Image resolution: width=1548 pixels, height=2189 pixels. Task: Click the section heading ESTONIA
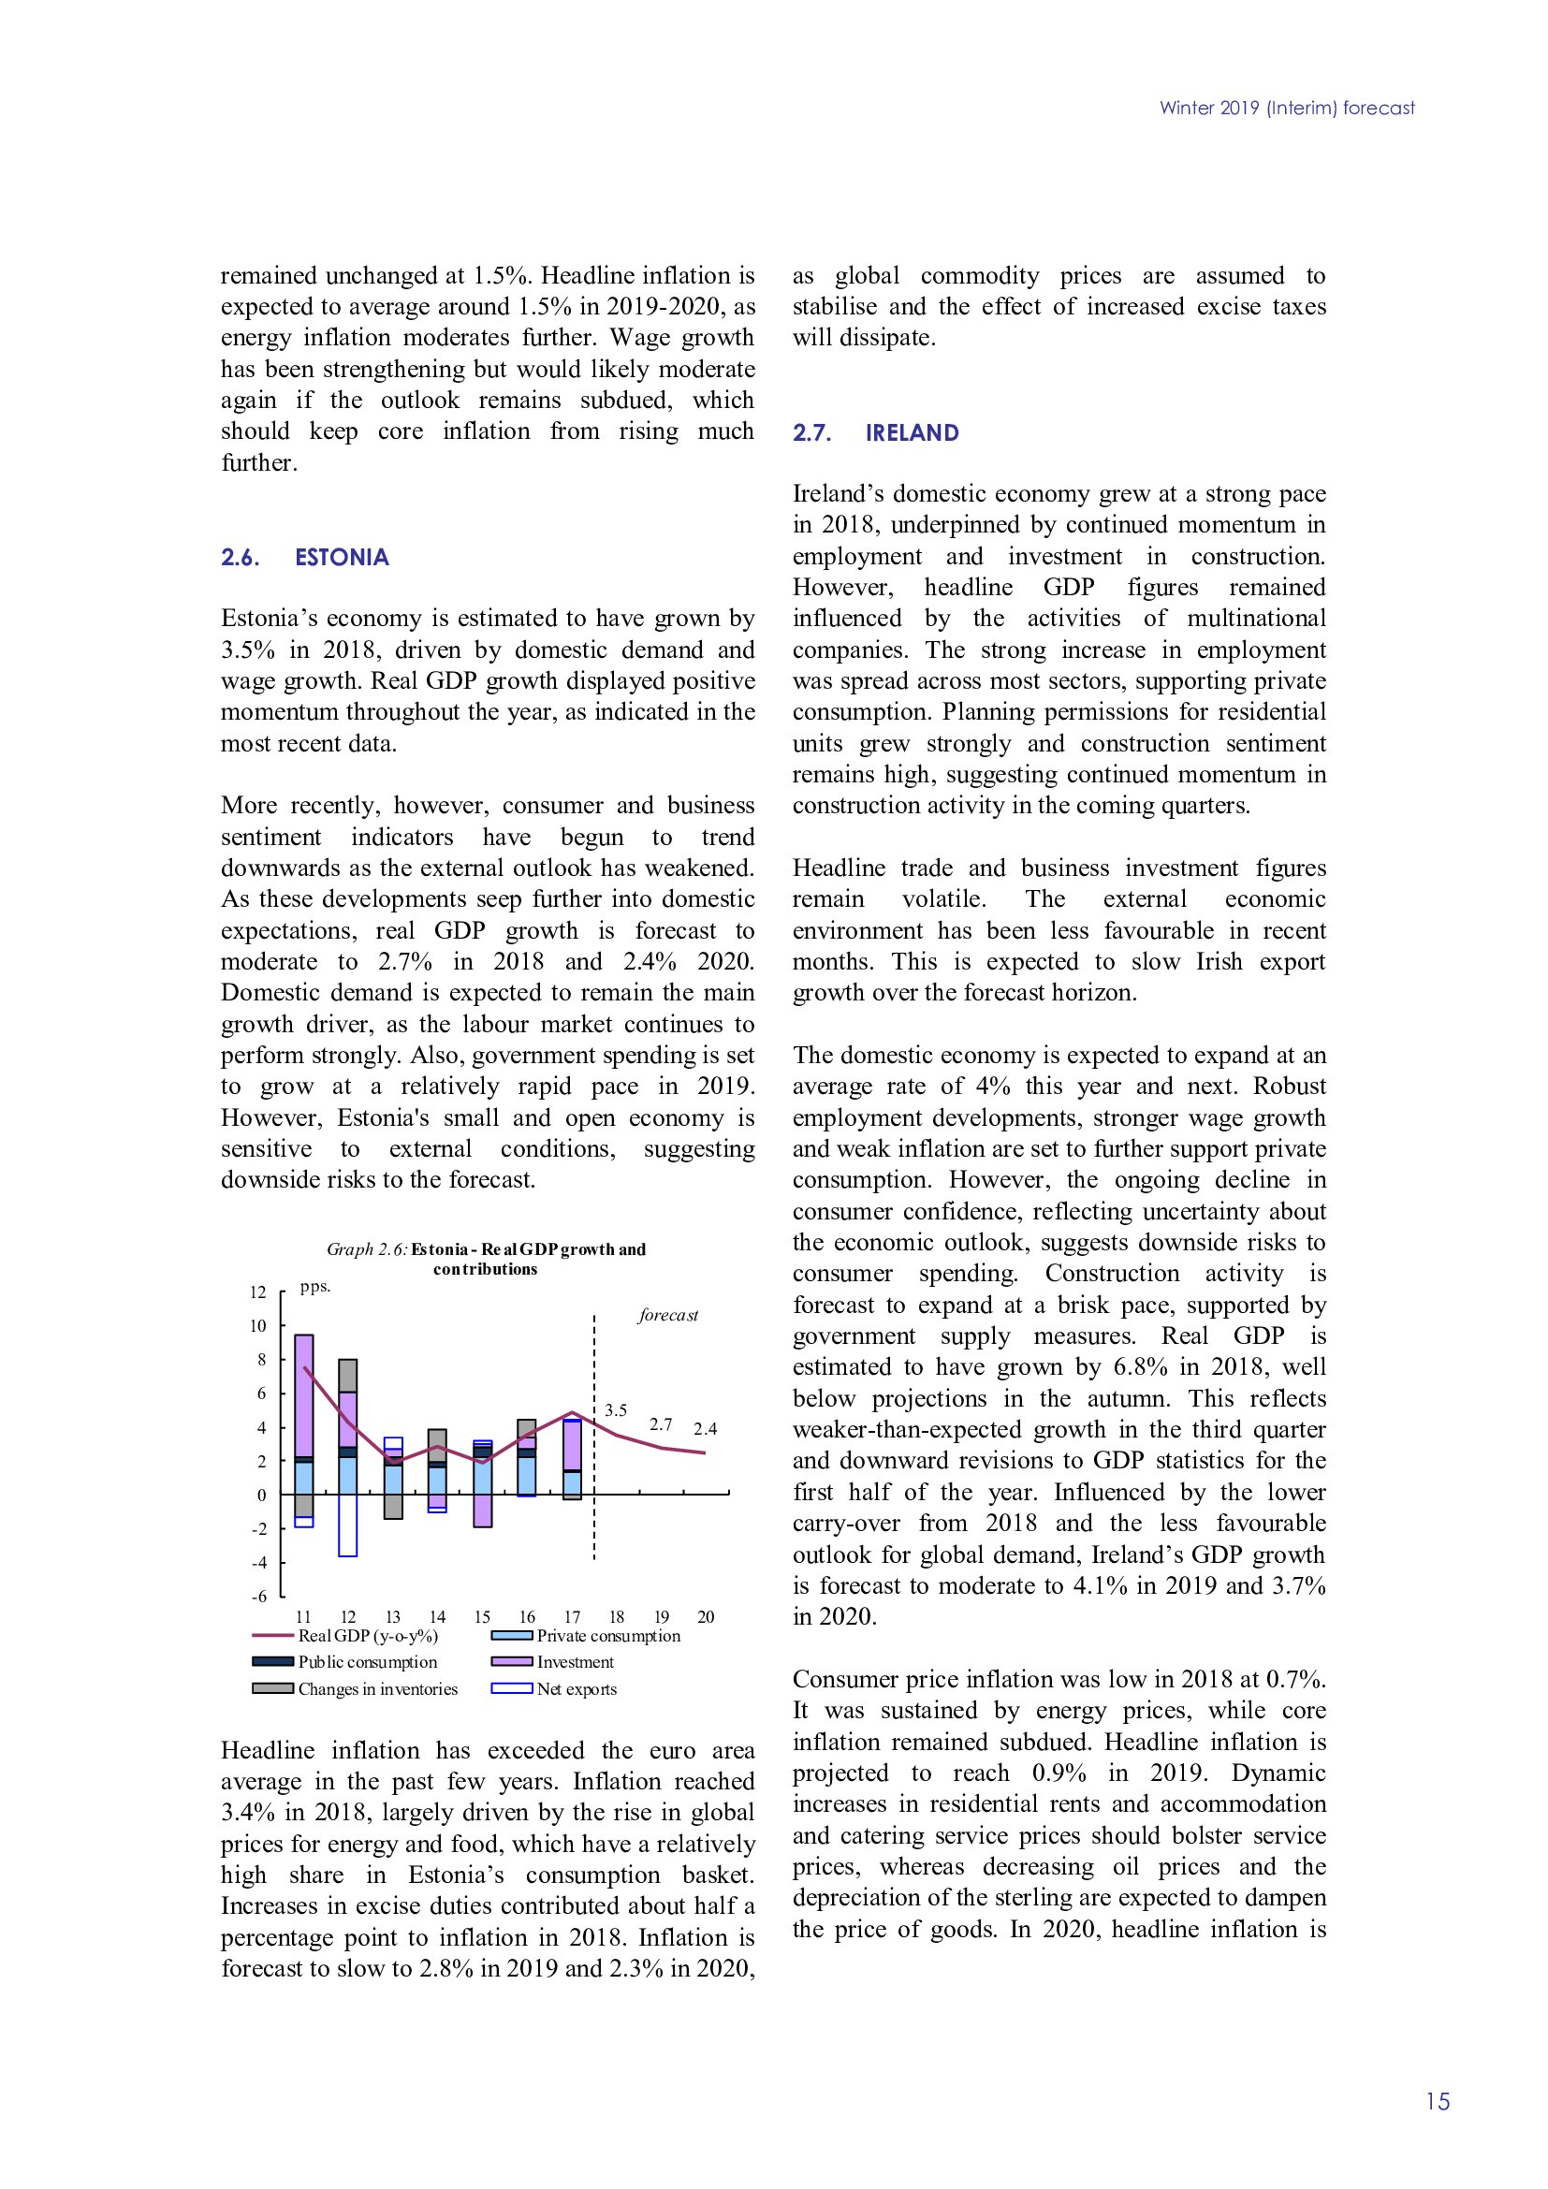[x=342, y=558]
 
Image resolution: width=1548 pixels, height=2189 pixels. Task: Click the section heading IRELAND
[x=912, y=433]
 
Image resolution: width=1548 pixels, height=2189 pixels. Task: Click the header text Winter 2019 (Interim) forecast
[x=1287, y=109]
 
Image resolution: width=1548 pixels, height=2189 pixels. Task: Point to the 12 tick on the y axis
[x=257, y=1292]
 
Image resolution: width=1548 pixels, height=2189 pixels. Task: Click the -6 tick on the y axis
[x=258, y=1596]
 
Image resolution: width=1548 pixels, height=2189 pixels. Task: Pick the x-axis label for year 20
[x=706, y=1617]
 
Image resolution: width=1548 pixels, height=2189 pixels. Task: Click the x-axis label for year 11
[x=303, y=1617]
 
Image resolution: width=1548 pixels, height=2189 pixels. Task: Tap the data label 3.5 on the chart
[x=616, y=1410]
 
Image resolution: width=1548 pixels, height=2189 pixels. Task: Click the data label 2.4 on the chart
[x=706, y=1429]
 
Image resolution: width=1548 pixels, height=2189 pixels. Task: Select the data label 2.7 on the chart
[x=661, y=1424]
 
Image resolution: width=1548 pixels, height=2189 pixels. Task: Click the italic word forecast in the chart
[x=668, y=1316]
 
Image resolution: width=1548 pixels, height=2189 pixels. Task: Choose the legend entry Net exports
[x=576, y=1689]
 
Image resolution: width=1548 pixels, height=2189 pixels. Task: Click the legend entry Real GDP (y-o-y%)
[x=367, y=1636]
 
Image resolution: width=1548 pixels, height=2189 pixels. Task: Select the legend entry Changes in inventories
[x=376, y=1689]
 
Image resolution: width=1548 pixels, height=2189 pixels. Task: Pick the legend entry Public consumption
[x=367, y=1662]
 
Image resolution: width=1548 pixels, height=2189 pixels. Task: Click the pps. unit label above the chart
[x=314, y=1287]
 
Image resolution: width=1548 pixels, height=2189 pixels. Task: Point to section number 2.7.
[x=811, y=433]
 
